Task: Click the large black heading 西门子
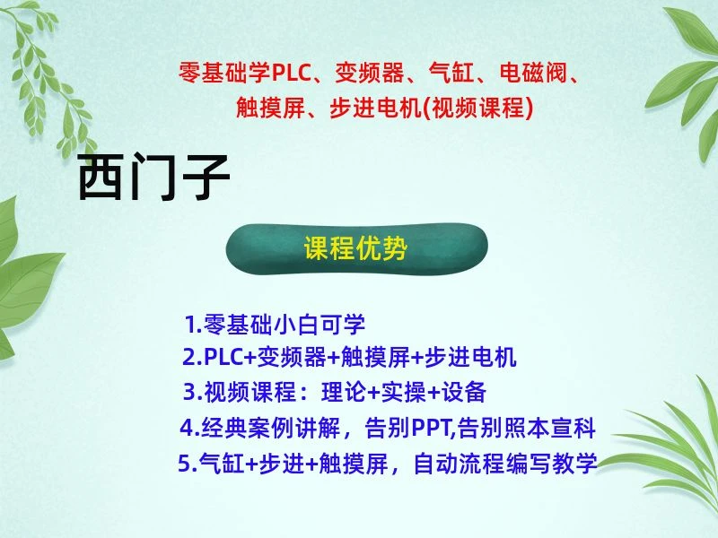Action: click(x=153, y=178)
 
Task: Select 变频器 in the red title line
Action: click(x=362, y=73)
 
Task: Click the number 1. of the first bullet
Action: click(x=193, y=324)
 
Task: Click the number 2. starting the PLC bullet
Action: click(x=191, y=358)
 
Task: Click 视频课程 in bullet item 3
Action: click(x=240, y=392)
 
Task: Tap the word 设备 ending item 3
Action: click(x=464, y=392)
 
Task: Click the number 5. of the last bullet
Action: click(x=187, y=464)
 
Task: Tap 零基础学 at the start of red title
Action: click(x=219, y=73)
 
